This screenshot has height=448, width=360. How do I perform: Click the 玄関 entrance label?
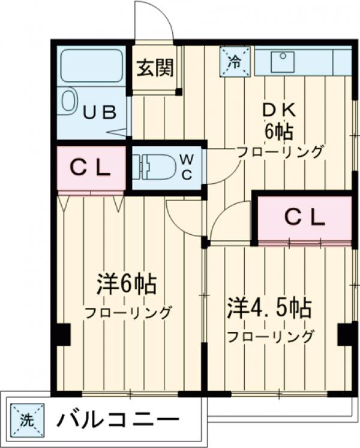click(154, 68)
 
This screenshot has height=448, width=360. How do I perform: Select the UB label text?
click(98, 113)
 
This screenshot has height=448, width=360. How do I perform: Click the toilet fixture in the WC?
click(152, 165)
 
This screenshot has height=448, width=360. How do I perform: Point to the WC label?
click(187, 166)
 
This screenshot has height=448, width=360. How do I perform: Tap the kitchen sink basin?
click(282, 59)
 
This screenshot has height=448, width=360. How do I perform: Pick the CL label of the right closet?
click(304, 217)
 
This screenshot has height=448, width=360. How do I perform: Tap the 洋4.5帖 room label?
click(268, 309)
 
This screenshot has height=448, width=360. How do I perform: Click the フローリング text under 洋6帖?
click(128, 312)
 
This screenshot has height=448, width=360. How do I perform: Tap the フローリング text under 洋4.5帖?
click(270, 336)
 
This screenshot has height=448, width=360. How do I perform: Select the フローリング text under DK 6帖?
click(280, 151)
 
